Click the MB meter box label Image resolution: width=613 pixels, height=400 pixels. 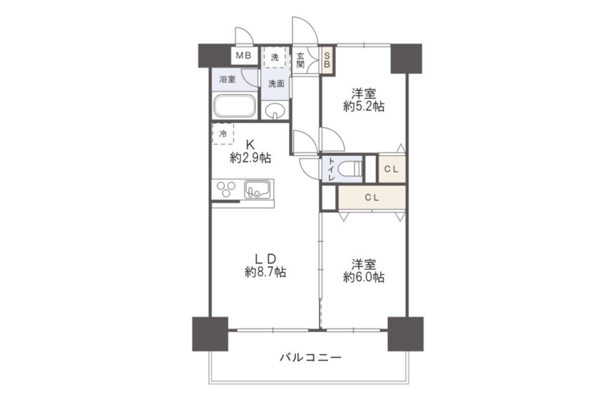pyautogui.click(x=243, y=56)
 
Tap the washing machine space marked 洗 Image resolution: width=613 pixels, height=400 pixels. pyautogui.click(x=275, y=58)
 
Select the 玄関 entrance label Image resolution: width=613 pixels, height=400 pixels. pyautogui.click(x=300, y=60)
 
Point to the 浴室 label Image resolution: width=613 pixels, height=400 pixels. pyautogui.click(x=227, y=80)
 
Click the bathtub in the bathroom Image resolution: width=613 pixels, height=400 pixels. pyautogui.click(x=234, y=106)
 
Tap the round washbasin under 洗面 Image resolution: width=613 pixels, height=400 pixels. pyautogui.click(x=275, y=110)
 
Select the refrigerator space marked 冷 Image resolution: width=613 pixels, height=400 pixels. pyautogui.click(x=223, y=134)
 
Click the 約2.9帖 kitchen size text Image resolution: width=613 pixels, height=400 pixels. pyautogui.click(x=250, y=158)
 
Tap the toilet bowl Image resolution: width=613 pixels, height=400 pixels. pyautogui.click(x=351, y=169)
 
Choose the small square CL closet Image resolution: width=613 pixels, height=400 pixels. pyautogui.click(x=392, y=169)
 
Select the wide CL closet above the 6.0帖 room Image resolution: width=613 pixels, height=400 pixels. pyautogui.click(x=372, y=198)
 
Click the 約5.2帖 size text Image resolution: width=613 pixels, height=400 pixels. pyautogui.click(x=364, y=106)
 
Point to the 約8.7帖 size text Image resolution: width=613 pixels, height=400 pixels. pyautogui.click(x=265, y=272)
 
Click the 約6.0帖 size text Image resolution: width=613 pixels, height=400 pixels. pyautogui.click(x=364, y=277)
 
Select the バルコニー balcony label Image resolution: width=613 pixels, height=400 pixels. pyautogui.click(x=311, y=357)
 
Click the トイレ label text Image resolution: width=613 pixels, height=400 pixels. pyautogui.click(x=332, y=169)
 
